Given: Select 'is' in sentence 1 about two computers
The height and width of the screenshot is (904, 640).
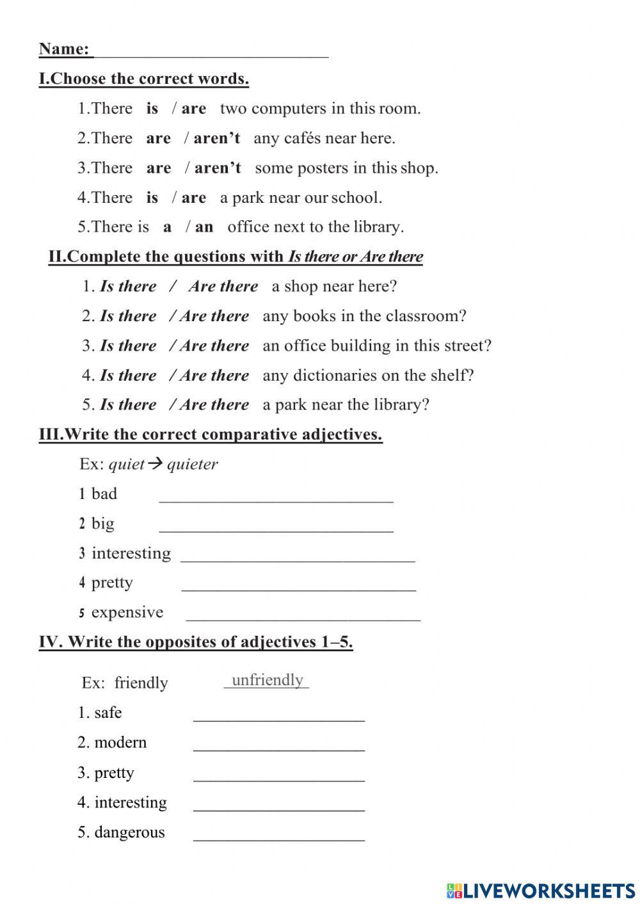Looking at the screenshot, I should tap(152, 109).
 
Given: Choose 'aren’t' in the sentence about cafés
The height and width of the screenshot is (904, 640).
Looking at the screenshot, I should tap(217, 139).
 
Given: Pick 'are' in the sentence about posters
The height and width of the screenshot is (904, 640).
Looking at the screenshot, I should tap(158, 168).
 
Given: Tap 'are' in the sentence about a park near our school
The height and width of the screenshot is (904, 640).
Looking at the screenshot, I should tap(193, 198).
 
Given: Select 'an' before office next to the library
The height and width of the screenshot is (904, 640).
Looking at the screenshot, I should tap(204, 227).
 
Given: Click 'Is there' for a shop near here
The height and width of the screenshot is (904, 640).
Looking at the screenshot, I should tap(128, 287).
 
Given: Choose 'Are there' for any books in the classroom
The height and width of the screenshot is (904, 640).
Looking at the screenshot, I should tap(214, 316).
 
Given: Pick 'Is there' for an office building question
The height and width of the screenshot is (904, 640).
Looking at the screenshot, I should tap(128, 346).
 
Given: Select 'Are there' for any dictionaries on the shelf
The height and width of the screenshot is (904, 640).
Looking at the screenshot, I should tap(214, 376).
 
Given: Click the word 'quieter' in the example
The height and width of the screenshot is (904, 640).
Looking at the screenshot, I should tap(193, 464).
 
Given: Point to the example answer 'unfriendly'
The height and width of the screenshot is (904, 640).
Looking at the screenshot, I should tap(267, 680).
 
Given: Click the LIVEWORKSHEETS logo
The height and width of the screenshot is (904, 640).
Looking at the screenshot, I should tap(540, 890).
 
